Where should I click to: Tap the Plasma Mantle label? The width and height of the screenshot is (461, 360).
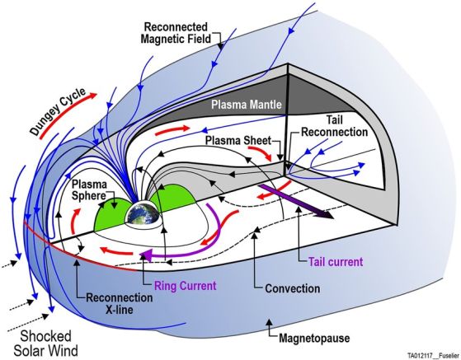click(x=247, y=105)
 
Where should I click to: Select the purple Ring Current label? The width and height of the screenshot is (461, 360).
click(x=186, y=285)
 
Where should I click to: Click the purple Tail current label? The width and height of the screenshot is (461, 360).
click(x=336, y=262)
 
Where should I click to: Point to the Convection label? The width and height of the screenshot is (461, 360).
click(x=293, y=288)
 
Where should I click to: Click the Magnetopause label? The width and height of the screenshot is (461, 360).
click(x=314, y=338)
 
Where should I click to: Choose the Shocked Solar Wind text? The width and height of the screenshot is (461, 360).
click(x=46, y=344)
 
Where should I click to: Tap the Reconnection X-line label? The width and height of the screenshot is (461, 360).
click(x=120, y=304)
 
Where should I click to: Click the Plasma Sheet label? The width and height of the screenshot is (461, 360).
click(x=238, y=140)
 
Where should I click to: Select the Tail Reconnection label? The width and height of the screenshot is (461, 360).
click(x=335, y=126)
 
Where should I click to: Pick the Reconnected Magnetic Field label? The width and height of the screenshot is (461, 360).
click(x=176, y=33)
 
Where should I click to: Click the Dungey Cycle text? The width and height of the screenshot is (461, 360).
click(x=58, y=111)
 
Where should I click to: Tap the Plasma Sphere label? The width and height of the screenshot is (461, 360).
click(x=89, y=190)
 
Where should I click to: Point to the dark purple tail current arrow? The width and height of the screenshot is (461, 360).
click(x=296, y=202)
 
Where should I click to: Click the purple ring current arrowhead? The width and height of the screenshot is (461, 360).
click(x=146, y=254)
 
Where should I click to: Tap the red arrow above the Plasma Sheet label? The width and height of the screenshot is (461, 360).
click(x=172, y=130)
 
